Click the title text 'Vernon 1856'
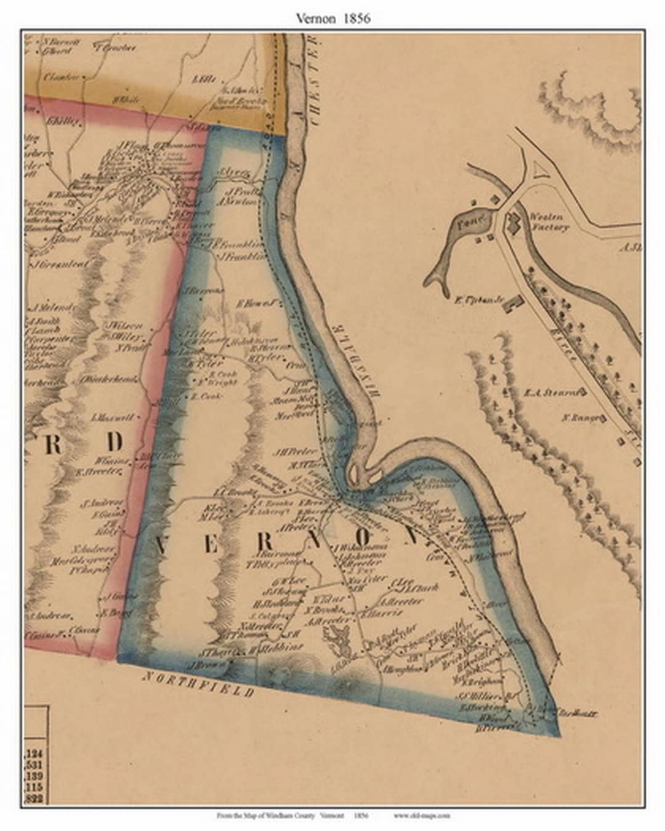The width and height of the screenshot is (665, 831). coord(332,18)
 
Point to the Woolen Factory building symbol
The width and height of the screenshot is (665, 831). coord(513,222)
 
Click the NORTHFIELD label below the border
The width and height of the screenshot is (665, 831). coord(198,684)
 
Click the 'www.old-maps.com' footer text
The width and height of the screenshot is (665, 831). coord(421,816)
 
